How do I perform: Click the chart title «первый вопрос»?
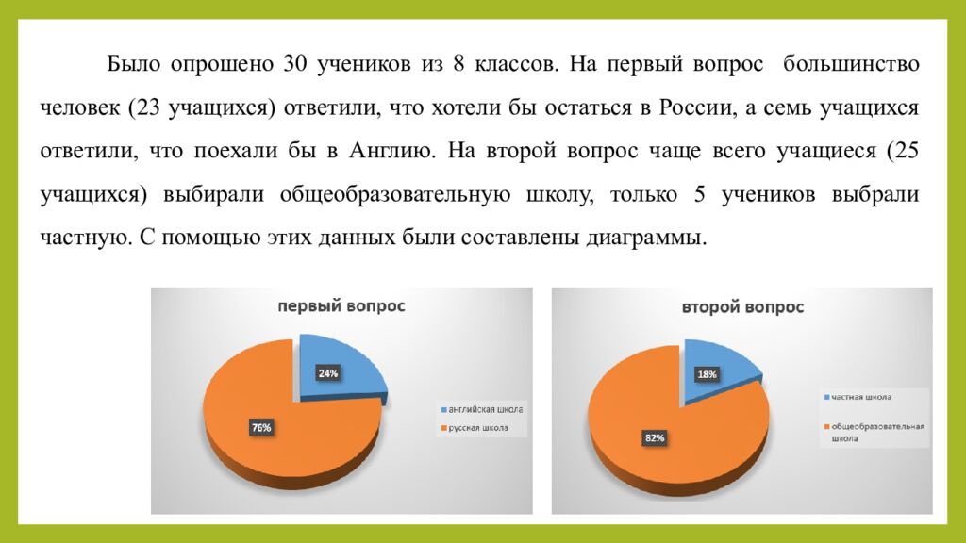pyautogui.click(x=341, y=306)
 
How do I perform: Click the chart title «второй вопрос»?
pyautogui.click(x=743, y=307)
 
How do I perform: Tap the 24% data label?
pyautogui.click(x=327, y=373)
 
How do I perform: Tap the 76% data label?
pyautogui.click(x=261, y=428)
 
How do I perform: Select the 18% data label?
pyautogui.click(x=707, y=374)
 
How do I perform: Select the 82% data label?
pyautogui.click(x=655, y=437)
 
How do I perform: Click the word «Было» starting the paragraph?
pyautogui.click(x=130, y=66)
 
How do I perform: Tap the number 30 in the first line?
pyautogui.click(x=290, y=66)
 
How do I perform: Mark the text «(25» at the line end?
pyautogui.click(x=902, y=151)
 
